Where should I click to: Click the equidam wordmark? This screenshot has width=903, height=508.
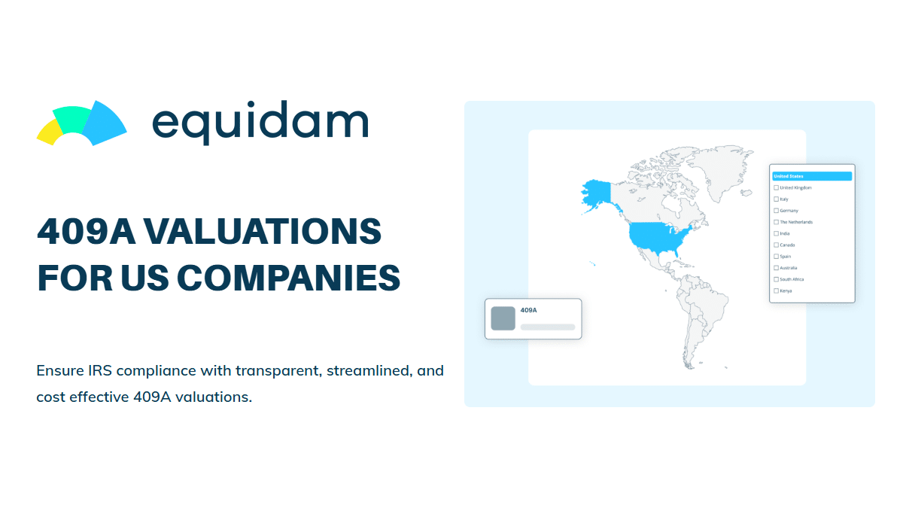coord(260,122)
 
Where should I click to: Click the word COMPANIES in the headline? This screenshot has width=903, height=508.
coord(288,278)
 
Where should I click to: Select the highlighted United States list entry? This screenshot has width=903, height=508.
coord(812,176)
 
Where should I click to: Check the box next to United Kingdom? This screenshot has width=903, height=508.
coord(777,187)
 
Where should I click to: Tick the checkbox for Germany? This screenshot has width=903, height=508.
coord(777,211)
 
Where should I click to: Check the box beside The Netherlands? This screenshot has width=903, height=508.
coord(777,222)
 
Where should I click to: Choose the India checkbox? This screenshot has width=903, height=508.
coord(777,233)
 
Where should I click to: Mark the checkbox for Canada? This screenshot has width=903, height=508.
coord(777,245)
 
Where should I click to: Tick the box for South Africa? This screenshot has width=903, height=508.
coord(777,279)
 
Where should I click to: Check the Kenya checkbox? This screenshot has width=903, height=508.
coord(777,291)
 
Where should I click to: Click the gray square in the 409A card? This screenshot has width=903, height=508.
coord(503,318)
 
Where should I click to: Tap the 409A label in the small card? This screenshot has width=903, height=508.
coord(528,310)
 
